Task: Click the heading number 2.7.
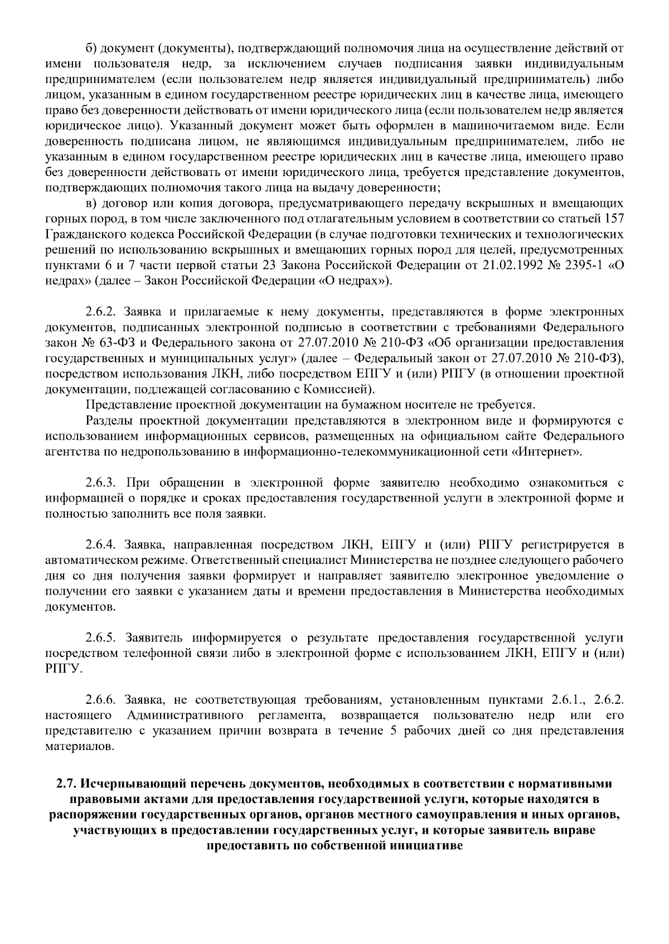[x=66, y=784]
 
